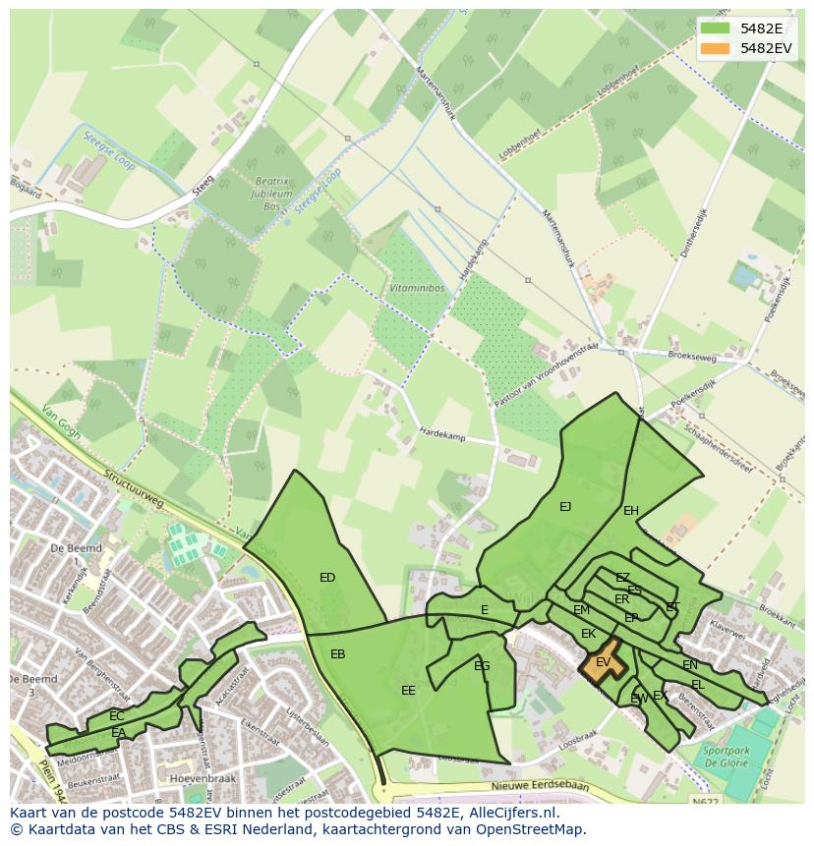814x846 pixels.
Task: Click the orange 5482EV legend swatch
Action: click(715, 48)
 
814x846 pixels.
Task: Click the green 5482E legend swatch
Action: click(715, 28)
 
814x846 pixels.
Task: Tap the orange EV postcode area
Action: click(602, 663)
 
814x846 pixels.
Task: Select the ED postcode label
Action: click(327, 578)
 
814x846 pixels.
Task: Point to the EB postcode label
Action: click(337, 654)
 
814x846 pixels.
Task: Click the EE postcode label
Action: click(408, 691)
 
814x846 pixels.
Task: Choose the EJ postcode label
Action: click(565, 507)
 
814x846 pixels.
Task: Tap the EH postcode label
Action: click(631, 511)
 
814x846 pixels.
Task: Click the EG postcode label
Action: click(482, 666)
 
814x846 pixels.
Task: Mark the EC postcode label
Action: click(117, 716)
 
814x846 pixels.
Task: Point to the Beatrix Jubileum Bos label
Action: click(273, 194)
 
